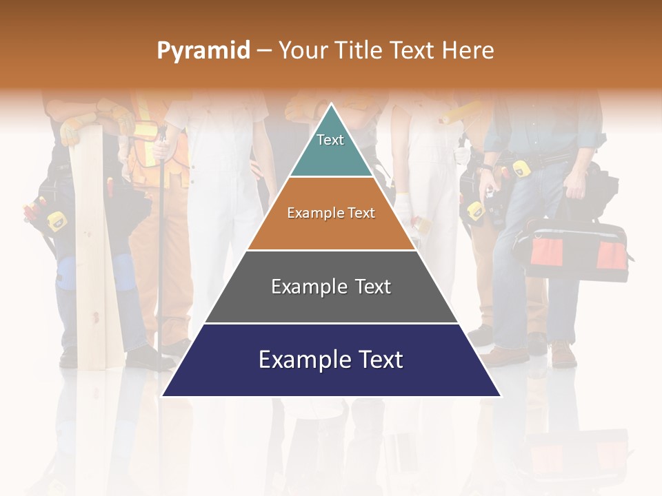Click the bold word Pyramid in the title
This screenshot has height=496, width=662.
[x=203, y=50]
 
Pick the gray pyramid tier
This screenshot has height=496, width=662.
[x=331, y=303]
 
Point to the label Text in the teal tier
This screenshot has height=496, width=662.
[x=330, y=140]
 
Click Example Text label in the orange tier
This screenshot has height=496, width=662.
[x=331, y=213]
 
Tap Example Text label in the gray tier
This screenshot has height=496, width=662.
[x=331, y=287]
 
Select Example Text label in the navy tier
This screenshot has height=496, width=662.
[x=331, y=360]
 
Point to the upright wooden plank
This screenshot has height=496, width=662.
[x=97, y=262]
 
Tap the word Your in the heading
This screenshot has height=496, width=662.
[x=301, y=50]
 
